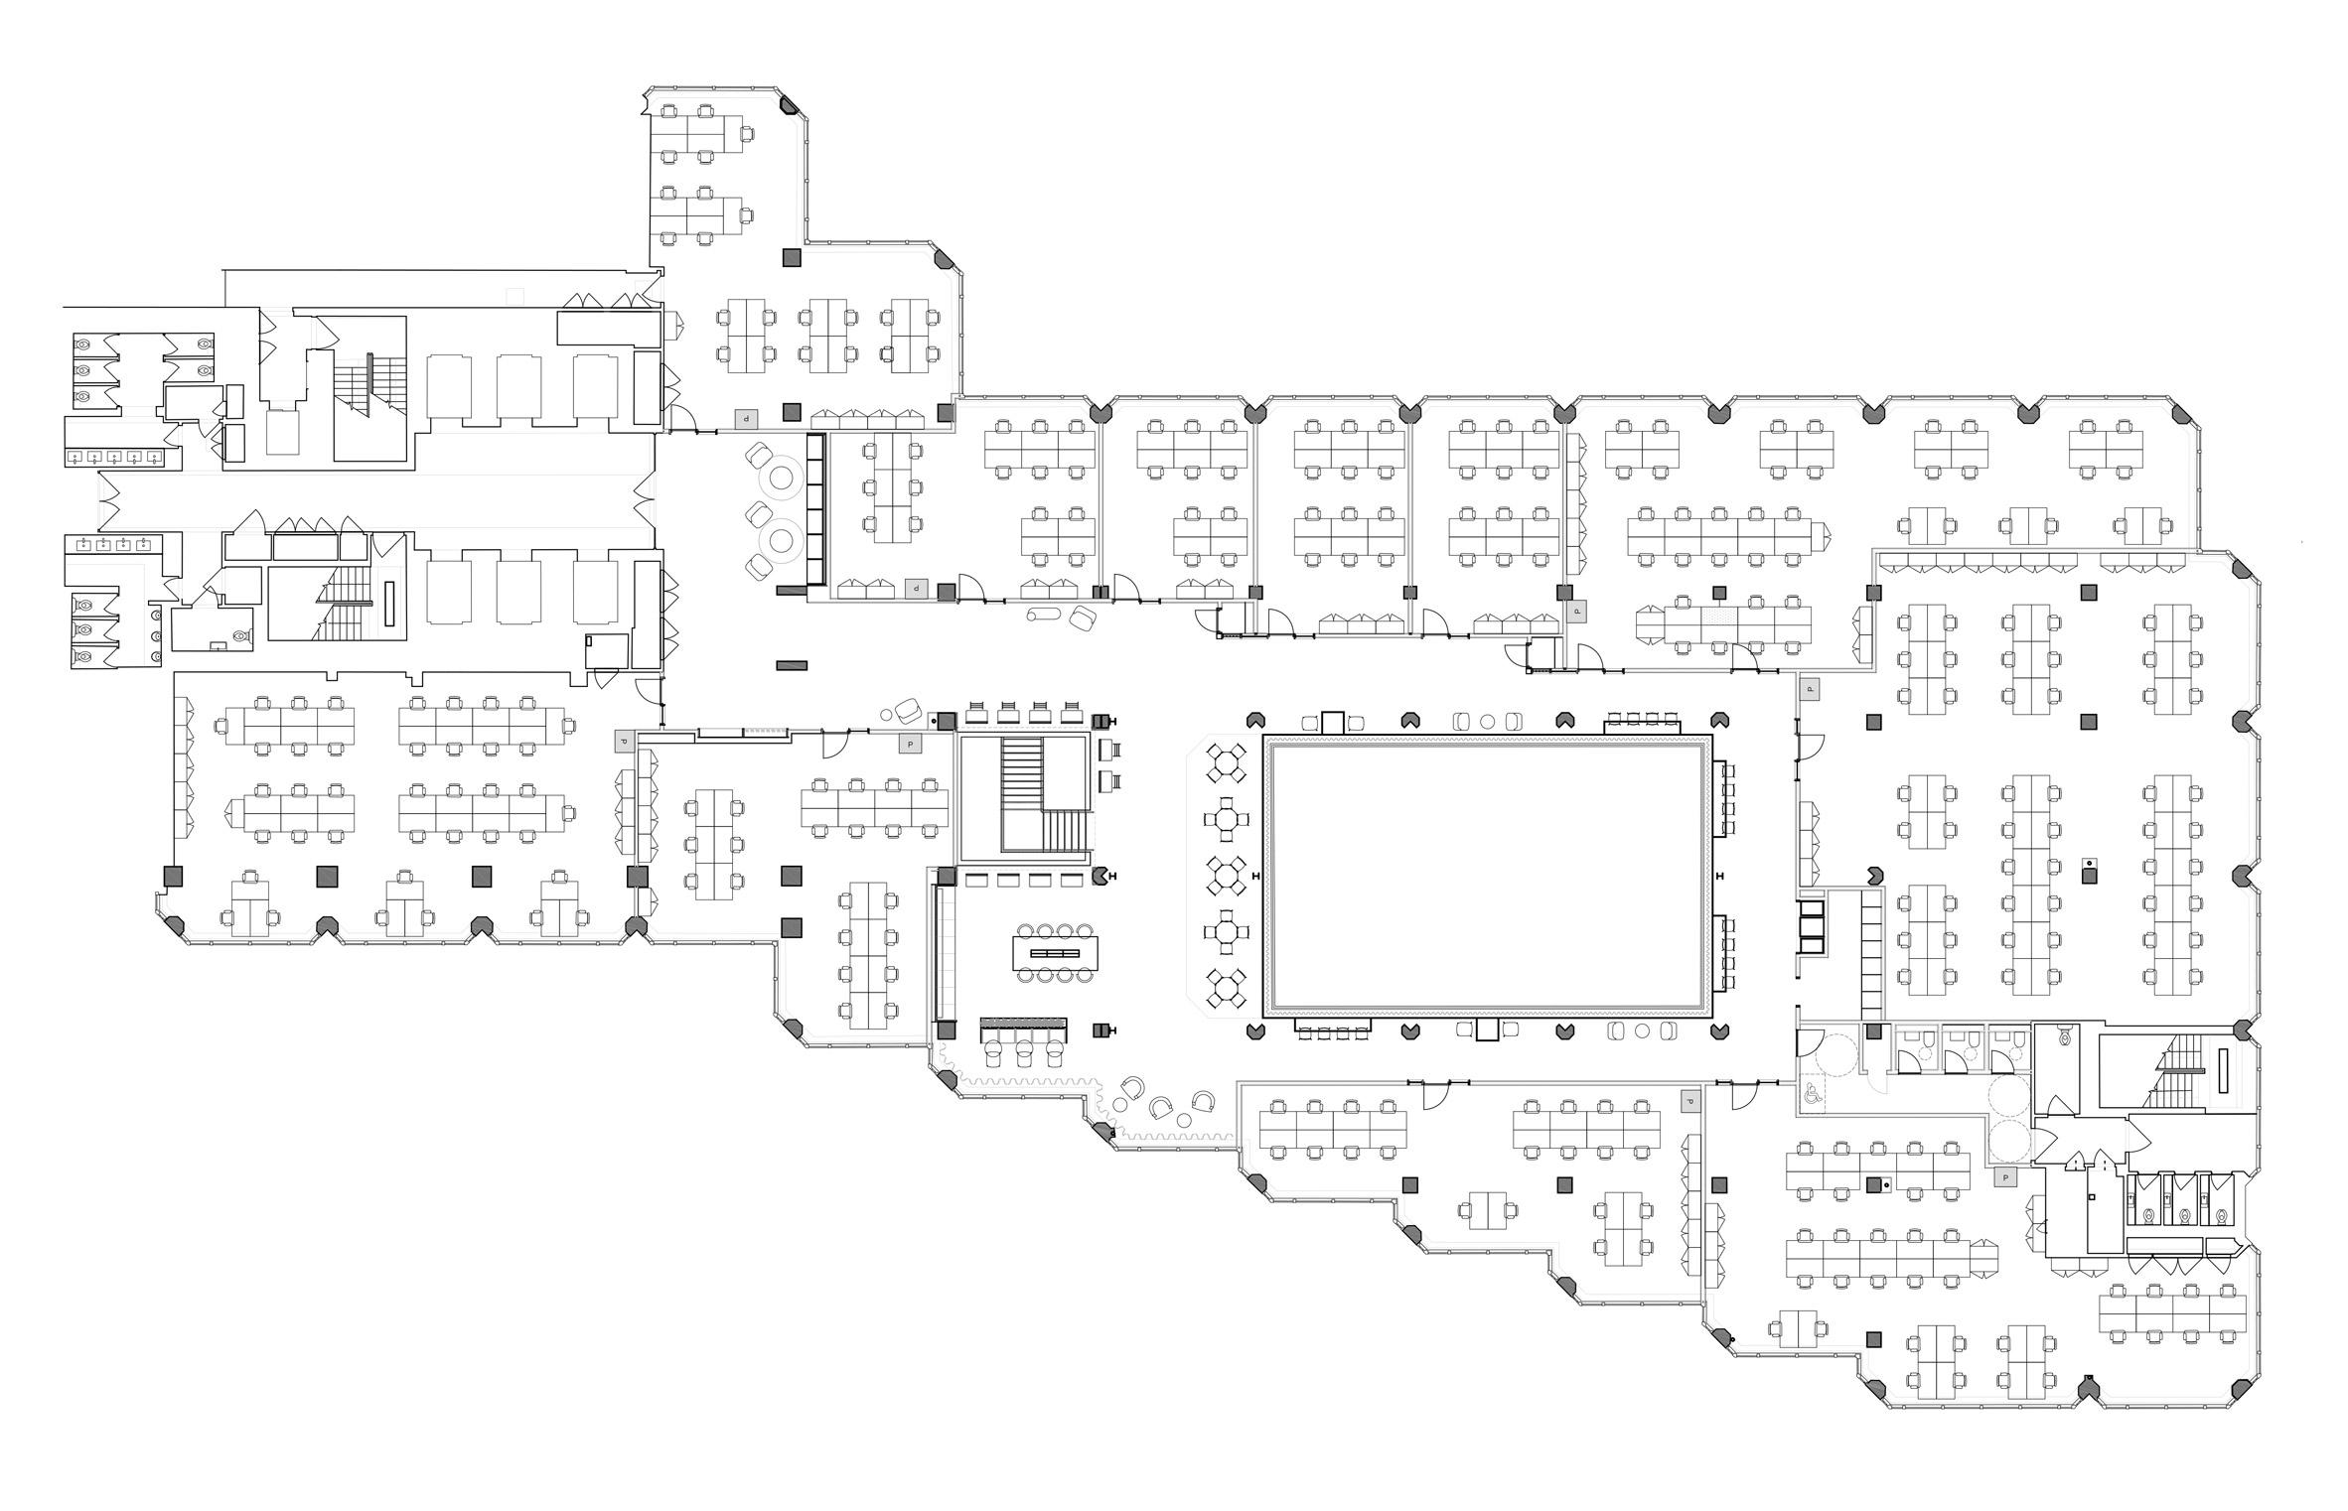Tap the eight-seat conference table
tap(1056, 952)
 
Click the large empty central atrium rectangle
tap(1487, 876)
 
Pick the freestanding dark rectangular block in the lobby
tap(792, 665)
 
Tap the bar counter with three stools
tap(1023, 1025)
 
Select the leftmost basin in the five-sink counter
tap(75, 458)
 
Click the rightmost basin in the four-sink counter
tap(146, 543)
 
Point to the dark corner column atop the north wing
tap(789, 103)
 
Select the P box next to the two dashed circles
tap(2005, 1177)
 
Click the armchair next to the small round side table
tap(907, 711)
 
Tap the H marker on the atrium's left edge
tap(1256, 876)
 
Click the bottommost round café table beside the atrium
tap(1227, 988)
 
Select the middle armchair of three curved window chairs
tap(1160, 1106)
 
